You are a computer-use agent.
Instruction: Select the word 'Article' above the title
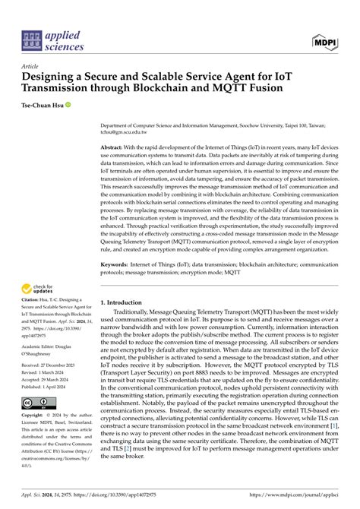tap(33, 66)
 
